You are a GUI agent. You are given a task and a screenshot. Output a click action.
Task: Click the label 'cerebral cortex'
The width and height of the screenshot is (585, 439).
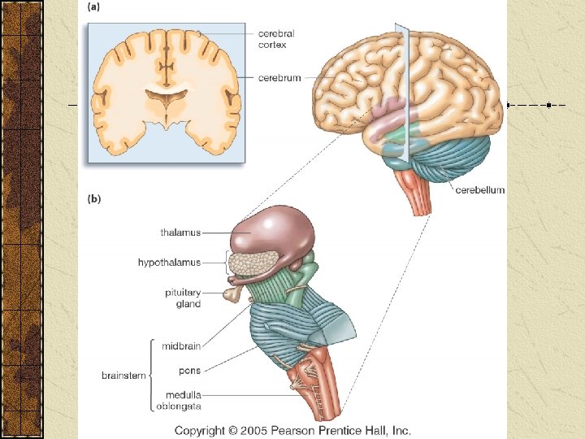coord(276,39)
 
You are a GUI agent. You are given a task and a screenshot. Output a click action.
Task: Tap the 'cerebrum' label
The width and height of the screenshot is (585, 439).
coord(279,78)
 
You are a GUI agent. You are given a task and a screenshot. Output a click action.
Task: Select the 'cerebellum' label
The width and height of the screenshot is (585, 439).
coord(479,190)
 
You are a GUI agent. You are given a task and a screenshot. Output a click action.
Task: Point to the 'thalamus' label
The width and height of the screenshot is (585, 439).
coord(180,233)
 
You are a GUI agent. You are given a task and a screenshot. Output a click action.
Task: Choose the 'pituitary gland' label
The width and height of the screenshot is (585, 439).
coord(184,298)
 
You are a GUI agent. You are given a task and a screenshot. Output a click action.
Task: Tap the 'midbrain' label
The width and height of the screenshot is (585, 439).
coord(181,346)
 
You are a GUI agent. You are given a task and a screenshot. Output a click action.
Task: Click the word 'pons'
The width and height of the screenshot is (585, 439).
coord(189,371)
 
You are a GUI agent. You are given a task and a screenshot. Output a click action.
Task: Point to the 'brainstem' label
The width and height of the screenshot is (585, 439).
coord(123,376)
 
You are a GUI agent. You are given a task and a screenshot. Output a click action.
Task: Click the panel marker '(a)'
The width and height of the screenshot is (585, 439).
coord(93,7)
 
